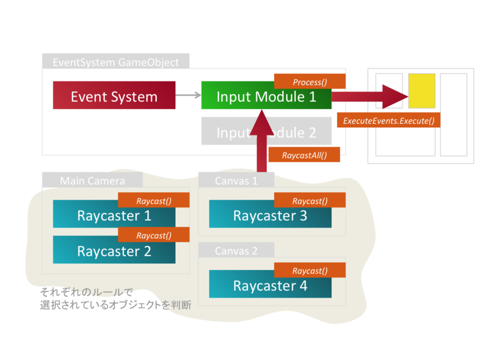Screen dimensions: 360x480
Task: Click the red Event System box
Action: (114, 96)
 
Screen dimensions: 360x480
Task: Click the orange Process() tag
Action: (310, 82)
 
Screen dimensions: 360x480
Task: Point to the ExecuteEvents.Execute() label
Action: (389, 120)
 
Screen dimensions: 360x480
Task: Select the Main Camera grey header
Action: (92, 180)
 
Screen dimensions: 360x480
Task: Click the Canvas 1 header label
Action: (236, 180)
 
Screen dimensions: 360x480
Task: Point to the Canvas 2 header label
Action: (236, 250)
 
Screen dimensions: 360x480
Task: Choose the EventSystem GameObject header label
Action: (115, 62)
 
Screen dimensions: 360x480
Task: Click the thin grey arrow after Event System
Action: (188, 95)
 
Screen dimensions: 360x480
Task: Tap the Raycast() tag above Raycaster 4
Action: (310, 271)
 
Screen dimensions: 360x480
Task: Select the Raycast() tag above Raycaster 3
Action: (310, 201)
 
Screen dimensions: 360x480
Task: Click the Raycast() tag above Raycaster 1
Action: (154, 201)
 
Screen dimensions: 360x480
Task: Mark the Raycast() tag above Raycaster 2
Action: (154, 235)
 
